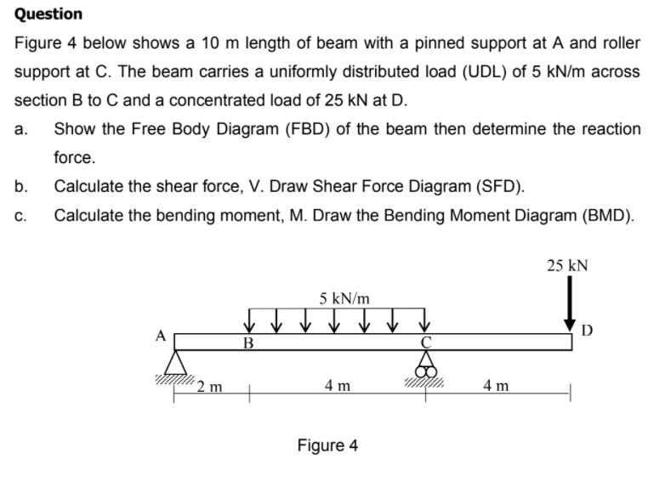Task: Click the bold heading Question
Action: [48, 14]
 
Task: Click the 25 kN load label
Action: [566, 265]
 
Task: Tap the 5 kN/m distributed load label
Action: [344, 298]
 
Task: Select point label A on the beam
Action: [160, 335]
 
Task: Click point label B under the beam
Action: [248, 344]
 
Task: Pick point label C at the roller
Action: [428, 343]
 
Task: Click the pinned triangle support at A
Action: [176, 363]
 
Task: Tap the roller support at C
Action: [426, 365]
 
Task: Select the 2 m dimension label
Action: [209, 388]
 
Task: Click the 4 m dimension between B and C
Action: [338, 386]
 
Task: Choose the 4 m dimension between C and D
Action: [496, 386]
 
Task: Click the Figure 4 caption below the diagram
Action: [327, 445]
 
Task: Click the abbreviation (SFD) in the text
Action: [498, 186]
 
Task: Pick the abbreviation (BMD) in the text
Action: [607, 215]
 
